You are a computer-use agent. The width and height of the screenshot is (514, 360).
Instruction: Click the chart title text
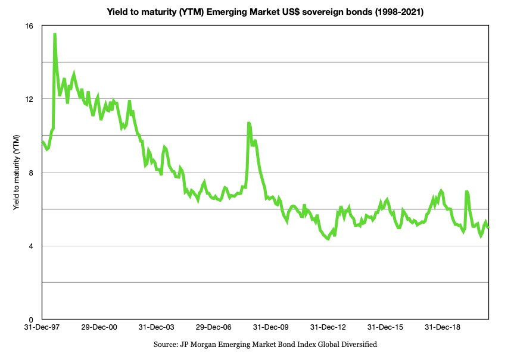265,11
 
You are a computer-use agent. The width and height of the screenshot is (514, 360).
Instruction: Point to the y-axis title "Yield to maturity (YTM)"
16,173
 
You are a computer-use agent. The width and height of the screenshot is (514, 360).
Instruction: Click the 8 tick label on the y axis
31,173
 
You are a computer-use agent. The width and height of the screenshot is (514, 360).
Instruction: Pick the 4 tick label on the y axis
31,246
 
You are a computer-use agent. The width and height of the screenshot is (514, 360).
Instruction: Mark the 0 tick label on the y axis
31,320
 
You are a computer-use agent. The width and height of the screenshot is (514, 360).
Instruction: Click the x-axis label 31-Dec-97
41,327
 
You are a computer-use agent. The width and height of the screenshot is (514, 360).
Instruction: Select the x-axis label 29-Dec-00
99,327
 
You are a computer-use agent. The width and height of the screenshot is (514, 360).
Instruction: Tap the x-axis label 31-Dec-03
155,327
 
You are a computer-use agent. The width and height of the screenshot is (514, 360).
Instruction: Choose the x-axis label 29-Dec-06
213,327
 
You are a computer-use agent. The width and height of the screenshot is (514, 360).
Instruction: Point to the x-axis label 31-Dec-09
270,327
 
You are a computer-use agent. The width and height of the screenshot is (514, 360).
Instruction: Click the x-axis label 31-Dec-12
327,327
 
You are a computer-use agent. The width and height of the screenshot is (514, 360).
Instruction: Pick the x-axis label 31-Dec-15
384,327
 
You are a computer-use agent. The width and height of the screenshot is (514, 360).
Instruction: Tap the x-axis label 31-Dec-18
441,327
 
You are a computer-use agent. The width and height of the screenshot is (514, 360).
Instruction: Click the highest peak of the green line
55,35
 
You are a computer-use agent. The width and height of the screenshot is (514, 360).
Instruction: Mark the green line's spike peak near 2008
249,123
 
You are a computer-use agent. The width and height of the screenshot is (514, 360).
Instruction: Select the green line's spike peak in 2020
467,192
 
